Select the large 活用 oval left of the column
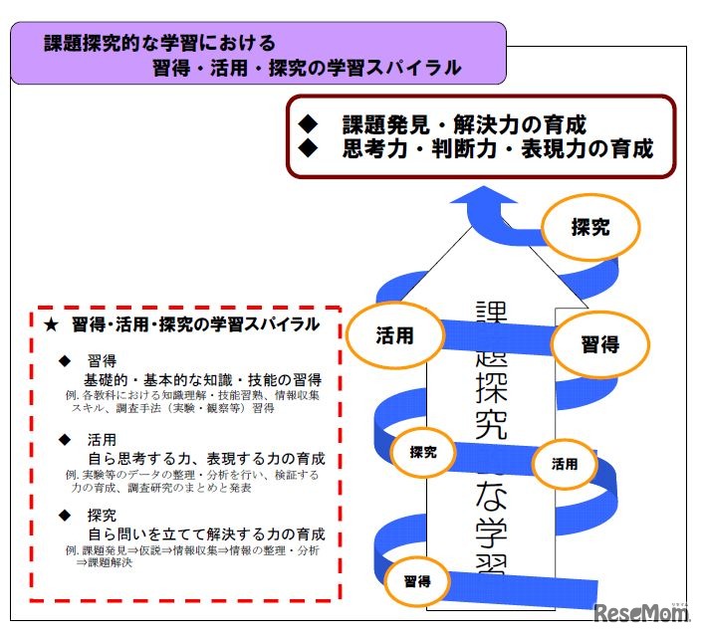tap(394, 335)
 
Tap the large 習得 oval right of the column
tap(599, 344)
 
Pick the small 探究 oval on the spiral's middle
tap(423, 451)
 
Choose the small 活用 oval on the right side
tap(564, 463)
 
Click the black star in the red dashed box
tap(52, 324)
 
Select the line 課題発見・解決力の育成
tap(463, 125)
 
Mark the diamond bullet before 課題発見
tap(307, 125)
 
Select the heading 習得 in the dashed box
tap(103, 360)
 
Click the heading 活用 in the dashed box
tap(103, 438)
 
